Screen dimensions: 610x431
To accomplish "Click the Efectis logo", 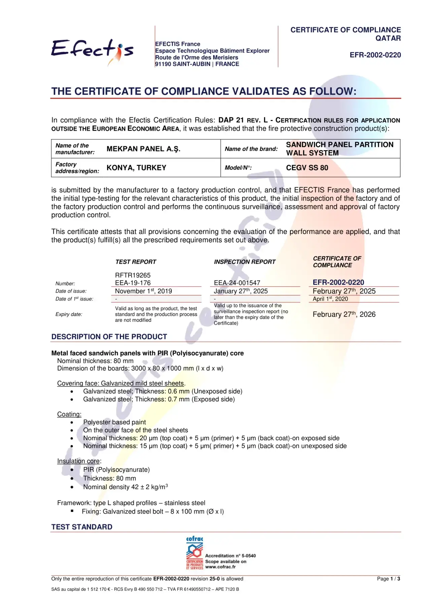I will point(92,51).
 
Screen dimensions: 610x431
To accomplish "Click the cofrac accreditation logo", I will point(195,553).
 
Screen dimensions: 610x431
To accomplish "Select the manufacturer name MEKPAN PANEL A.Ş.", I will point(143,149).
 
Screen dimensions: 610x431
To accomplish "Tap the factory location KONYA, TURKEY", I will point(136,168).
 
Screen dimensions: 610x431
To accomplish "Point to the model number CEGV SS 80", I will point(307,168).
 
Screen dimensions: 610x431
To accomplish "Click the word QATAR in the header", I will point(388,38).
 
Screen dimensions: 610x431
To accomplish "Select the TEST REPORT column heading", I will point(136,262).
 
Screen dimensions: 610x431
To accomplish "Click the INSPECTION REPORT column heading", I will point(244,262).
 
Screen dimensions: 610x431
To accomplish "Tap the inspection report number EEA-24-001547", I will point(237,283).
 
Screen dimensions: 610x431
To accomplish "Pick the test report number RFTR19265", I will point(133,275).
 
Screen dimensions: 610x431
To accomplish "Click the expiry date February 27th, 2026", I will point(344,314).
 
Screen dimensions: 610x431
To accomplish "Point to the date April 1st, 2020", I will point(330,299).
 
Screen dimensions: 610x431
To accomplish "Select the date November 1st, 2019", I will point(143,291).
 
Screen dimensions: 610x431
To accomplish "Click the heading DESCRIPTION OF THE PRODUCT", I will point(109,337).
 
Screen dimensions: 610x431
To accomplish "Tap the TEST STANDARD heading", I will point(82,527).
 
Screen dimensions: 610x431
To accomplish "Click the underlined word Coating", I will point(69,414).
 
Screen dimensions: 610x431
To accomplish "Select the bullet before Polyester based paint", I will point(72,422).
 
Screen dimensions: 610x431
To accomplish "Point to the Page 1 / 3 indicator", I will point(388,579).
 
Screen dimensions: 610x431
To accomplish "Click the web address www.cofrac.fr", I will point(220,567).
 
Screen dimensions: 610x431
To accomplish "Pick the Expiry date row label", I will point(69,314).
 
